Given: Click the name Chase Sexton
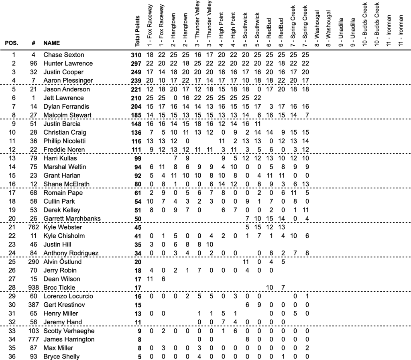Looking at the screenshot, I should (x=63, y=55).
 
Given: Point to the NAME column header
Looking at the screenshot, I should (x=51, y=42).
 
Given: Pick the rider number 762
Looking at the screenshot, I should (x=34, y=227).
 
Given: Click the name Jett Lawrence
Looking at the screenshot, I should (x=63, y=98).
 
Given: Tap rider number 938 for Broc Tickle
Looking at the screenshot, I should (x=34, y=287).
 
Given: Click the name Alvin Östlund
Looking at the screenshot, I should (x=63, y=262).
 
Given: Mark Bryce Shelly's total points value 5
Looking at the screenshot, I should (x=139, y=356).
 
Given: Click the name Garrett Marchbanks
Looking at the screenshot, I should (x=72, y=218).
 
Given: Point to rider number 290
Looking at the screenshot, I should (x=34, y=262).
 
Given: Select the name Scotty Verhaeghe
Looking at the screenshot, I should (x=69, y=331).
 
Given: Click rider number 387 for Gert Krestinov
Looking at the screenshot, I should (x=34, y=305).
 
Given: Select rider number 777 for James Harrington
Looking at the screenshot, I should (x=34, y=340).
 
